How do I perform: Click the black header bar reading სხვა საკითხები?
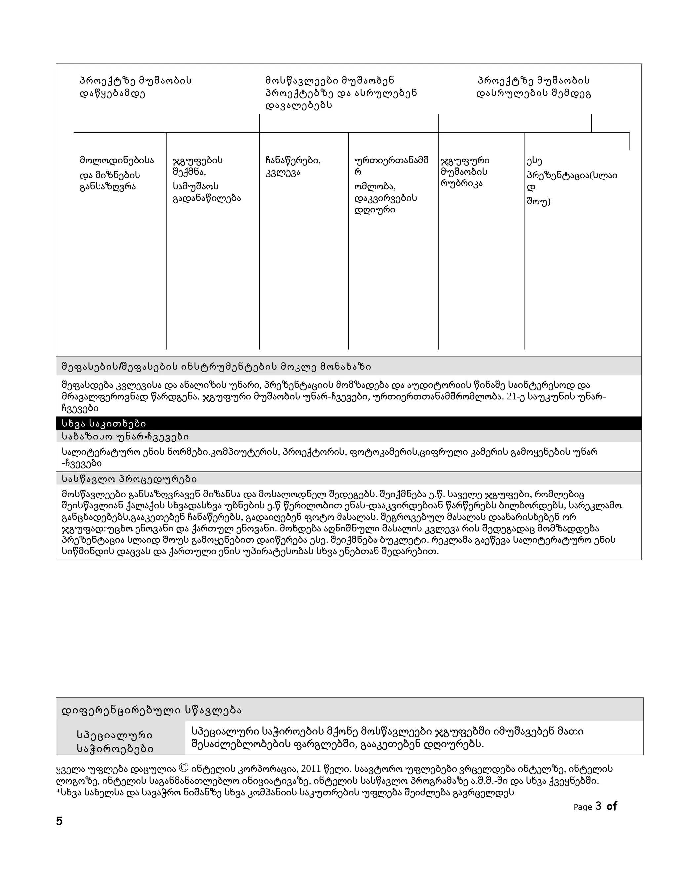[104, 423]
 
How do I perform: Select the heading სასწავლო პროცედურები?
[129, 479]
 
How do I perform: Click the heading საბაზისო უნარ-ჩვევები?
[125, 436]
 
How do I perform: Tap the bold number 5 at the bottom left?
[60, 821]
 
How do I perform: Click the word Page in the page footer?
[582, 807]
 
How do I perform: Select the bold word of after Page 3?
[612, 806]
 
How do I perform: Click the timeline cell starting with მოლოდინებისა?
[116, 173]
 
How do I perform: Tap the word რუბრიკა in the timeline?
[461, 184]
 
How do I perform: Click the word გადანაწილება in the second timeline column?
[207, 198]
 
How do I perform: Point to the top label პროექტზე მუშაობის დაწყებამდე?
[136, 87]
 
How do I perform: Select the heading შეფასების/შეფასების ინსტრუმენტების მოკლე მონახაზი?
[217, 367]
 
